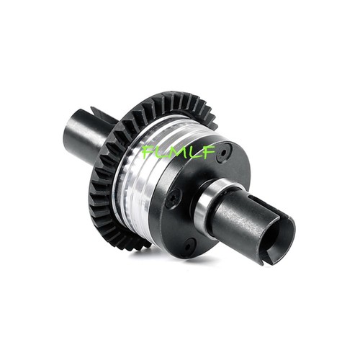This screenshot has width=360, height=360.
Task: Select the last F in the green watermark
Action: point(207,150)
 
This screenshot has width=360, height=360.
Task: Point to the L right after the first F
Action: point(158,152)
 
